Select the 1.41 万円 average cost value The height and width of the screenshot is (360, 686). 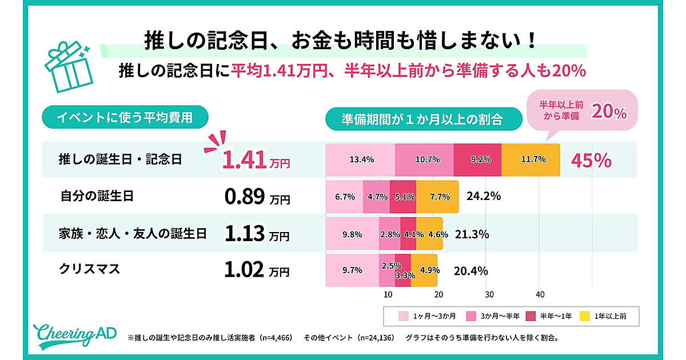(255, 160)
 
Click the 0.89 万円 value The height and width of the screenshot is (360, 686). (255, 197)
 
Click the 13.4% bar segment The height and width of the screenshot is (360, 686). (361, 160)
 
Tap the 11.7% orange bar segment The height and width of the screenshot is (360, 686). (531, 160)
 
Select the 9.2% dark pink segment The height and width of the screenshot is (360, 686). (477, 160)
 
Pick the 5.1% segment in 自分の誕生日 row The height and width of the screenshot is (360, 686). (403, 197)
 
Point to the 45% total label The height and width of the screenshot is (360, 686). (591, 161)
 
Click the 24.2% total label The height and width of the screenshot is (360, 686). (484, 197)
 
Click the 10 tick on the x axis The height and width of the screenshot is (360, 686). (387, 295)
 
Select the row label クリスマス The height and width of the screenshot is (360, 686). (90, 269)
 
